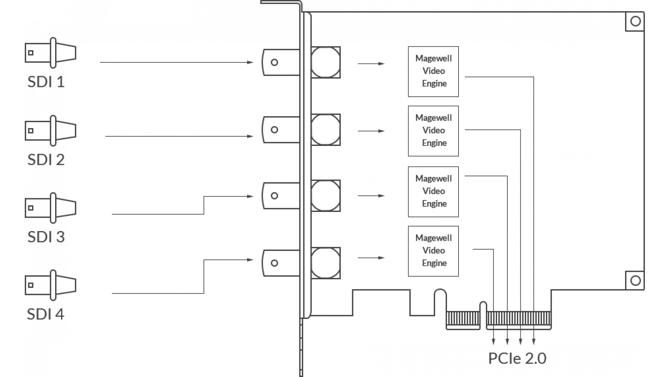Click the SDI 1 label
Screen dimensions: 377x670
coord(46,82)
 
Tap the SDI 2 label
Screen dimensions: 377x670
coord(46,160)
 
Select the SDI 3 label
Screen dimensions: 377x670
coord(46,237)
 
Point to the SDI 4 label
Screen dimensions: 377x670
coord(46,314)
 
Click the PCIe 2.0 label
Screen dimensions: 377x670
coord(517,358)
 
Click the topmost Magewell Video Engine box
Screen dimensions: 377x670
coord(433,72)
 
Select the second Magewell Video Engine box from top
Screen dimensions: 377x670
coord(433,131)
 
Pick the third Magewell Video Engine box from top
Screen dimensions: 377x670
coord(433,192)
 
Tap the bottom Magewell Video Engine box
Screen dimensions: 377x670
coord(433,251)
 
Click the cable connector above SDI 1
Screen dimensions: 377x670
coord(51,53)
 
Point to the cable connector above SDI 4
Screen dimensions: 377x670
coord(51,285)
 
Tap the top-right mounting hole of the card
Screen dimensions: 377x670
coord(635,22)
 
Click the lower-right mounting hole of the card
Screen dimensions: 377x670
coord(635,281)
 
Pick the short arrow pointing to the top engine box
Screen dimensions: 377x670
coord(371,64)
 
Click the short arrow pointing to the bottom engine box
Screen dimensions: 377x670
coord(371,258)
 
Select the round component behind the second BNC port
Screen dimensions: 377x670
coord(326,130)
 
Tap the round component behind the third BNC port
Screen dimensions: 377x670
coord(326,196)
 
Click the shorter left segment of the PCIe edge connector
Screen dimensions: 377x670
coord(463,319)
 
